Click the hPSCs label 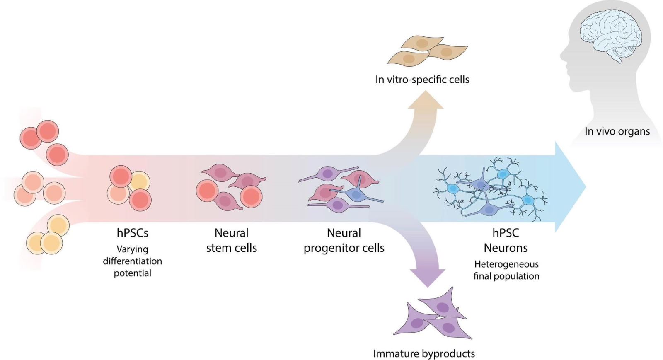click(132, 233)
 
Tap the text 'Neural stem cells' click(231, 240)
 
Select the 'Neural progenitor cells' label click(344, 240)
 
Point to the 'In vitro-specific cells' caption click(422, 80)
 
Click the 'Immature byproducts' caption click(424, 353)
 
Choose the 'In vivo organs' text click(617, 131)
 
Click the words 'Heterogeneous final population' click(506, 270)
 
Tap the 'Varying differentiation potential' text click(132, 261)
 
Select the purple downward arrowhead click(428, 278)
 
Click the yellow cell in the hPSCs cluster click(140, 181)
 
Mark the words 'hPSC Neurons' click(506, 240)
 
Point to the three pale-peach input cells click(39, 188)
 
